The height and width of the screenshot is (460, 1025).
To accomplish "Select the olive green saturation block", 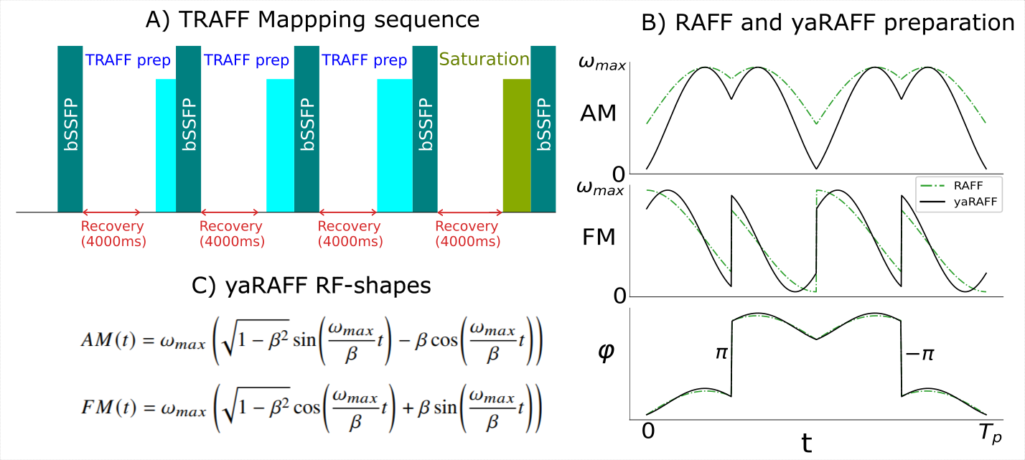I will [x=516, y=146].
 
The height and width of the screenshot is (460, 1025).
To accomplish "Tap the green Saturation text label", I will [x=485, y=59].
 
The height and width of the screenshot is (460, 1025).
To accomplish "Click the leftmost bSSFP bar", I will [x=70, y=129].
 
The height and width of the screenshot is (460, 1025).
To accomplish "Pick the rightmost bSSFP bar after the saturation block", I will [x=543, y=129].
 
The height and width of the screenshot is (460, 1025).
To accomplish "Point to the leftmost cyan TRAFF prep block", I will [x=165, y=146].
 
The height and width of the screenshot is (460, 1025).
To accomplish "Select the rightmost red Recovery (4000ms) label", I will [x=467, y=234].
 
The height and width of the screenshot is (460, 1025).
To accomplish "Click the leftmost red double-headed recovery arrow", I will [x=112, y=212].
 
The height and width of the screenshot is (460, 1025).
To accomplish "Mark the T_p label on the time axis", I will [x=987, y=433].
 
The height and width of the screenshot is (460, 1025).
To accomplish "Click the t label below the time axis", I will [x=807, y=443].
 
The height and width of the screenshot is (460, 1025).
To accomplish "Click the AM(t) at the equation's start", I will [x=103, y=338].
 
